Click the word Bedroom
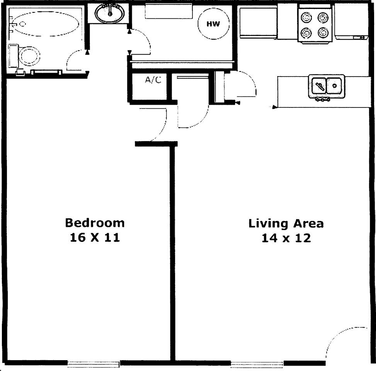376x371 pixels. point(95,223)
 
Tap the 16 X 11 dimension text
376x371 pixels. point(95,238)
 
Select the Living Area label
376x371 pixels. point(286,224)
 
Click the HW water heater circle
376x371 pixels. point(213,24)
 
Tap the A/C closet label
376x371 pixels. point(153,80)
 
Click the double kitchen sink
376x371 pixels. point(327,85)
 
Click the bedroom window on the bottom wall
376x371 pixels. point(93,363)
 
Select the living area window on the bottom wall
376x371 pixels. point(257,363)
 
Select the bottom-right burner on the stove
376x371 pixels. point(323,33)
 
